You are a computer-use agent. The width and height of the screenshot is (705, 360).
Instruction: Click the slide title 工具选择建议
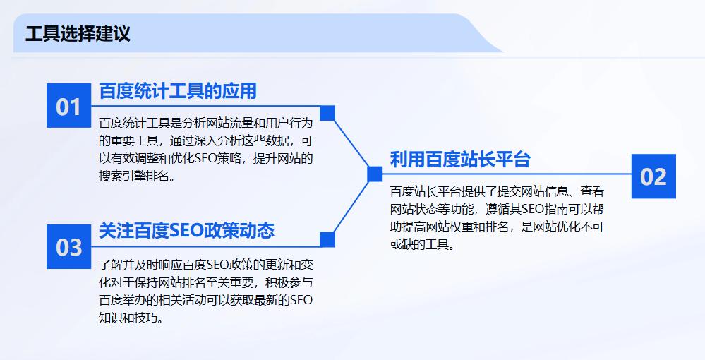[78, 34]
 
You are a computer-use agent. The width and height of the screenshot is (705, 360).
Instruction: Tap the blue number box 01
[69, 107]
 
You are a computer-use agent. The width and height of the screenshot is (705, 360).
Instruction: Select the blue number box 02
[653, 176]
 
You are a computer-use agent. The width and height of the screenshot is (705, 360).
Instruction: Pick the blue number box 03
[69, 246]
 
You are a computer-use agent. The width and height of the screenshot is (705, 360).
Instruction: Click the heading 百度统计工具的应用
[177, 91]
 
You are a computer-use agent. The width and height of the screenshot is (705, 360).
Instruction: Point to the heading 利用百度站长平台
[459, 160]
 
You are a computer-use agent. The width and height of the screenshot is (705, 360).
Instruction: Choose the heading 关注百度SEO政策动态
[186, 231]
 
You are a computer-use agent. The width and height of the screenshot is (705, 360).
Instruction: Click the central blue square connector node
[375, 174]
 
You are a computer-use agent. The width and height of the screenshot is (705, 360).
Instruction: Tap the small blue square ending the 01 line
[327, 113]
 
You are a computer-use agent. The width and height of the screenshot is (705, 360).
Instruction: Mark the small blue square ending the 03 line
[327, 239]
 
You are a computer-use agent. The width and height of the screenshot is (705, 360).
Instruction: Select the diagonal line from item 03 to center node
[351, 206]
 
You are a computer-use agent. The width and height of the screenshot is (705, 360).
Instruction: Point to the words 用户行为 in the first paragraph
[289, 123]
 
